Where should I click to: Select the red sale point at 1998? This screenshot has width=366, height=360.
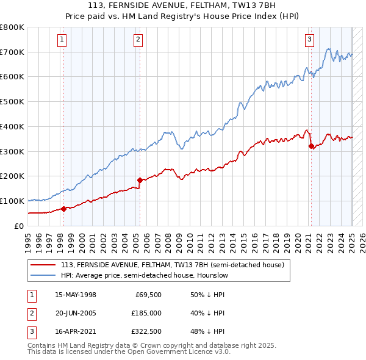(63, 209)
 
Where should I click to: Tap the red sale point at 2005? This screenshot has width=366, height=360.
(140, 180)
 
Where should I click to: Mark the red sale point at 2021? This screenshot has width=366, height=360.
(311, 146)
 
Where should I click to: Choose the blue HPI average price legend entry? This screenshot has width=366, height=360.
(144, 276)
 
